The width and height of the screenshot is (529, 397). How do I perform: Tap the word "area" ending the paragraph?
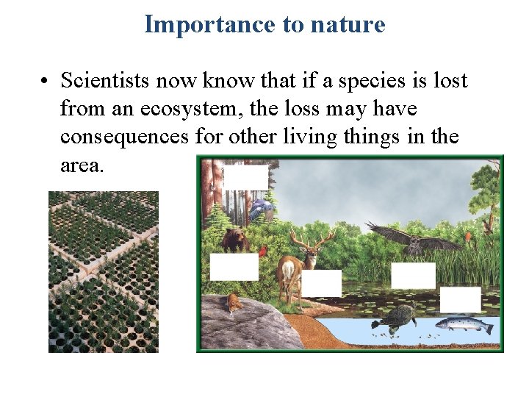82,165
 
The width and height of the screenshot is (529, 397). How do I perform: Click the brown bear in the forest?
236,239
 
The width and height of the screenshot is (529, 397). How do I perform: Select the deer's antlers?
312,239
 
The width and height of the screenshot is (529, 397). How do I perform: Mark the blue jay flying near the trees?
261,210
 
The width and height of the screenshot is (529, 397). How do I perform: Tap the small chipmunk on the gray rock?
234,302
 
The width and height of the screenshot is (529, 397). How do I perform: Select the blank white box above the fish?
461,299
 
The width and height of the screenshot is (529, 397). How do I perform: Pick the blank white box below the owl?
413,275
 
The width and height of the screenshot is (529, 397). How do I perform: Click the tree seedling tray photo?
104,272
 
